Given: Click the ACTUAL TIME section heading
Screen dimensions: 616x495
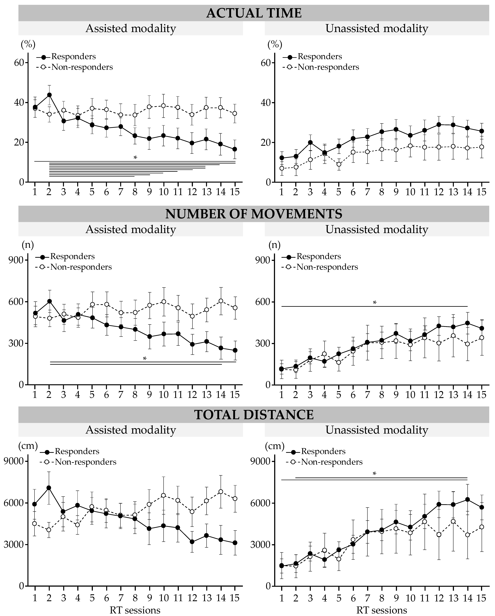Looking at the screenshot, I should click(x=254, y=13).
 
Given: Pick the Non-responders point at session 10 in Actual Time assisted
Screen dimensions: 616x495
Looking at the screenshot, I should click(x=163, y=106).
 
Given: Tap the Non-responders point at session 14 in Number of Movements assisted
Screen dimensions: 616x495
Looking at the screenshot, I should click(x=221, y=301).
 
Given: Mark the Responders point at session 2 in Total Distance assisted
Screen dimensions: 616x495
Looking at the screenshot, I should click(x=49, y=488).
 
